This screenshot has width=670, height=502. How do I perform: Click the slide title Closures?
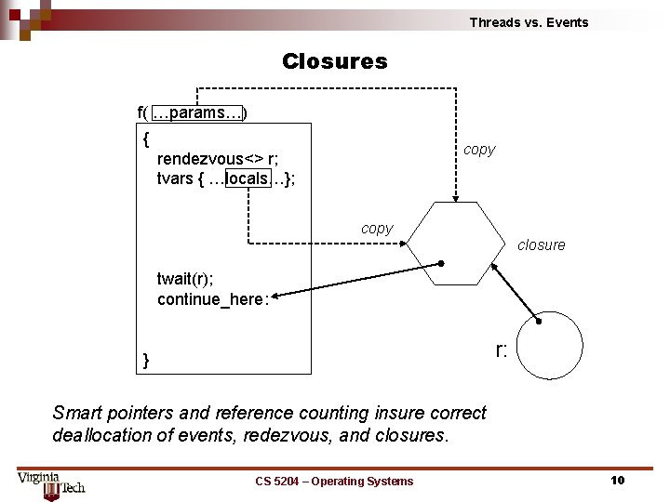[x=334, y=61]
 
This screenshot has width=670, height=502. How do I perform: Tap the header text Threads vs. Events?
[x=529, y=22]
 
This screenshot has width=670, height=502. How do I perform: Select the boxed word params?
[x=197, y=112]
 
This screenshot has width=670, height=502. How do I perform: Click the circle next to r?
[x=549, y=345]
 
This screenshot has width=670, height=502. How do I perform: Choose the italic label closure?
[x=541, y=245]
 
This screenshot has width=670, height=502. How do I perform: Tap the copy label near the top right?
[x=479, y=150]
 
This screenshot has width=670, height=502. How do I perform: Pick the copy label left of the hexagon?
[x=377, y=229]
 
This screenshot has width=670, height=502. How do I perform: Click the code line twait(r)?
[x=189, y=278]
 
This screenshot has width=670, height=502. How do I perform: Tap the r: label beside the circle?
[x=501, y=350]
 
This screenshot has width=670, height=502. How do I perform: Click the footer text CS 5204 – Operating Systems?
[x=334, y=481]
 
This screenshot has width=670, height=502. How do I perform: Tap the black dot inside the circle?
[x=538, y=321]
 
